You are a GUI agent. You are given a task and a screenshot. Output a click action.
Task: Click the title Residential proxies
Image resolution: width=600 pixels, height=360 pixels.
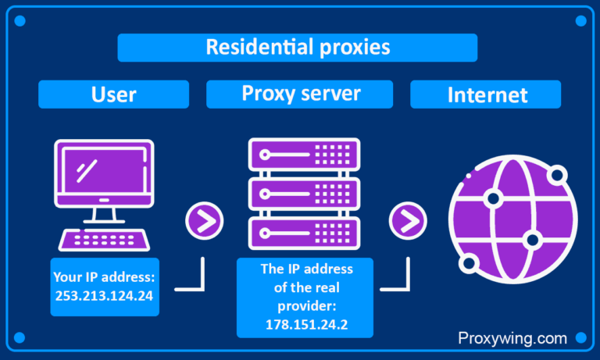(297, 47)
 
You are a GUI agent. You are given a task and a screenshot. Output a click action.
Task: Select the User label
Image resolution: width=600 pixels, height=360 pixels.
(113, 94)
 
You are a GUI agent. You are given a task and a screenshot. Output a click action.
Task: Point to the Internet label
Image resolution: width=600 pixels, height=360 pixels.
(487, 94)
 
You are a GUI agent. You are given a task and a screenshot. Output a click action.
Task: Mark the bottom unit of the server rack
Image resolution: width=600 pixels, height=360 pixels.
(304, 233)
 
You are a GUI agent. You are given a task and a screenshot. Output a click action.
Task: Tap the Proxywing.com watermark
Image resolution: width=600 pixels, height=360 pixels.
(512, 338)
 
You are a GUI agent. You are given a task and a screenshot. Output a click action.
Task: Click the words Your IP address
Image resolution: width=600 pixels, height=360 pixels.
(104, 276)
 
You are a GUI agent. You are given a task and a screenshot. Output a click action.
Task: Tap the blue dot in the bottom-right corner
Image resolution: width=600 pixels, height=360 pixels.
(580, 338)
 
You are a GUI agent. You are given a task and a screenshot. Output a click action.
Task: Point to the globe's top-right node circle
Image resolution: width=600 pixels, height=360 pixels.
(557, 175)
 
